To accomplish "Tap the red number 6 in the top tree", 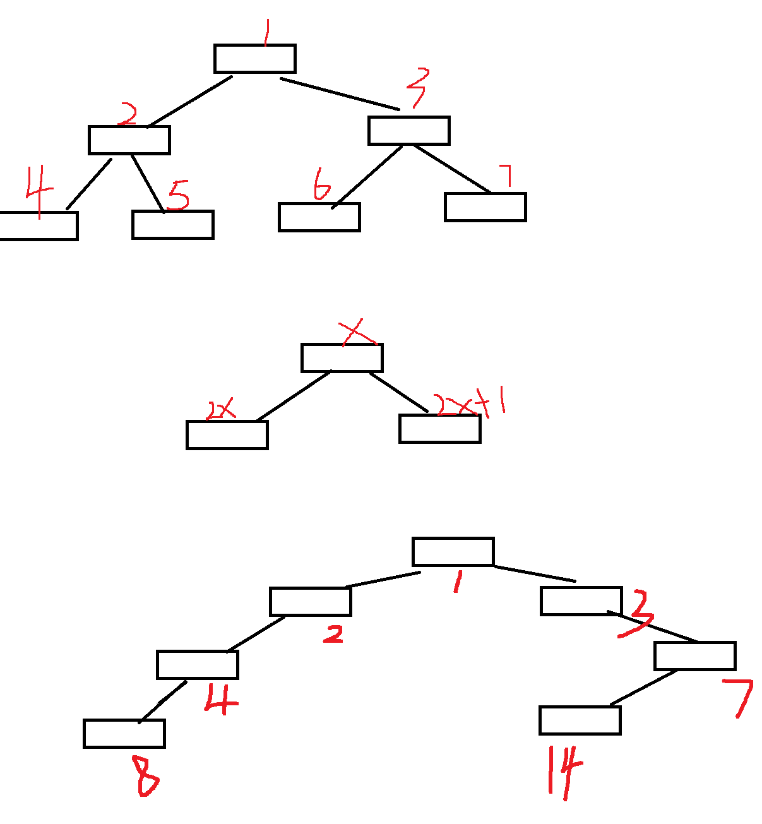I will pos(321,184).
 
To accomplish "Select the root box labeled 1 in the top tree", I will pos(255,59).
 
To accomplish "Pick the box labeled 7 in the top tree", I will pos(485,207).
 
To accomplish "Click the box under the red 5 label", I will pos(173,225).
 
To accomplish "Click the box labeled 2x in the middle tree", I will pos(227,435).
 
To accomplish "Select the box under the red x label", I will pos(342,358).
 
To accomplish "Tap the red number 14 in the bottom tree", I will pos(564,770).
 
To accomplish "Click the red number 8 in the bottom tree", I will pos(146,775).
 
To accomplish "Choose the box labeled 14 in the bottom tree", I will pos(580,720).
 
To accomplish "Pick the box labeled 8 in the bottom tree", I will pos(124,734).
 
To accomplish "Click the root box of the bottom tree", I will pos(453,552).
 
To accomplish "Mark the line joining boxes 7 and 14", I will pos(643,688).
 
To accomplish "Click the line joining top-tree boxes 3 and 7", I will pos(452,168).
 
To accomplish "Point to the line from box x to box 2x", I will pos(294,396).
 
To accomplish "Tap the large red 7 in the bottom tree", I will pos(740,697).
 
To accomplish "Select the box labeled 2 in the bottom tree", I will pos(311,602).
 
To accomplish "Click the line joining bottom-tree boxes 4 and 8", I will pos(163,702).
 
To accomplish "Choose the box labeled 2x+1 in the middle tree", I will pos(440,429).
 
